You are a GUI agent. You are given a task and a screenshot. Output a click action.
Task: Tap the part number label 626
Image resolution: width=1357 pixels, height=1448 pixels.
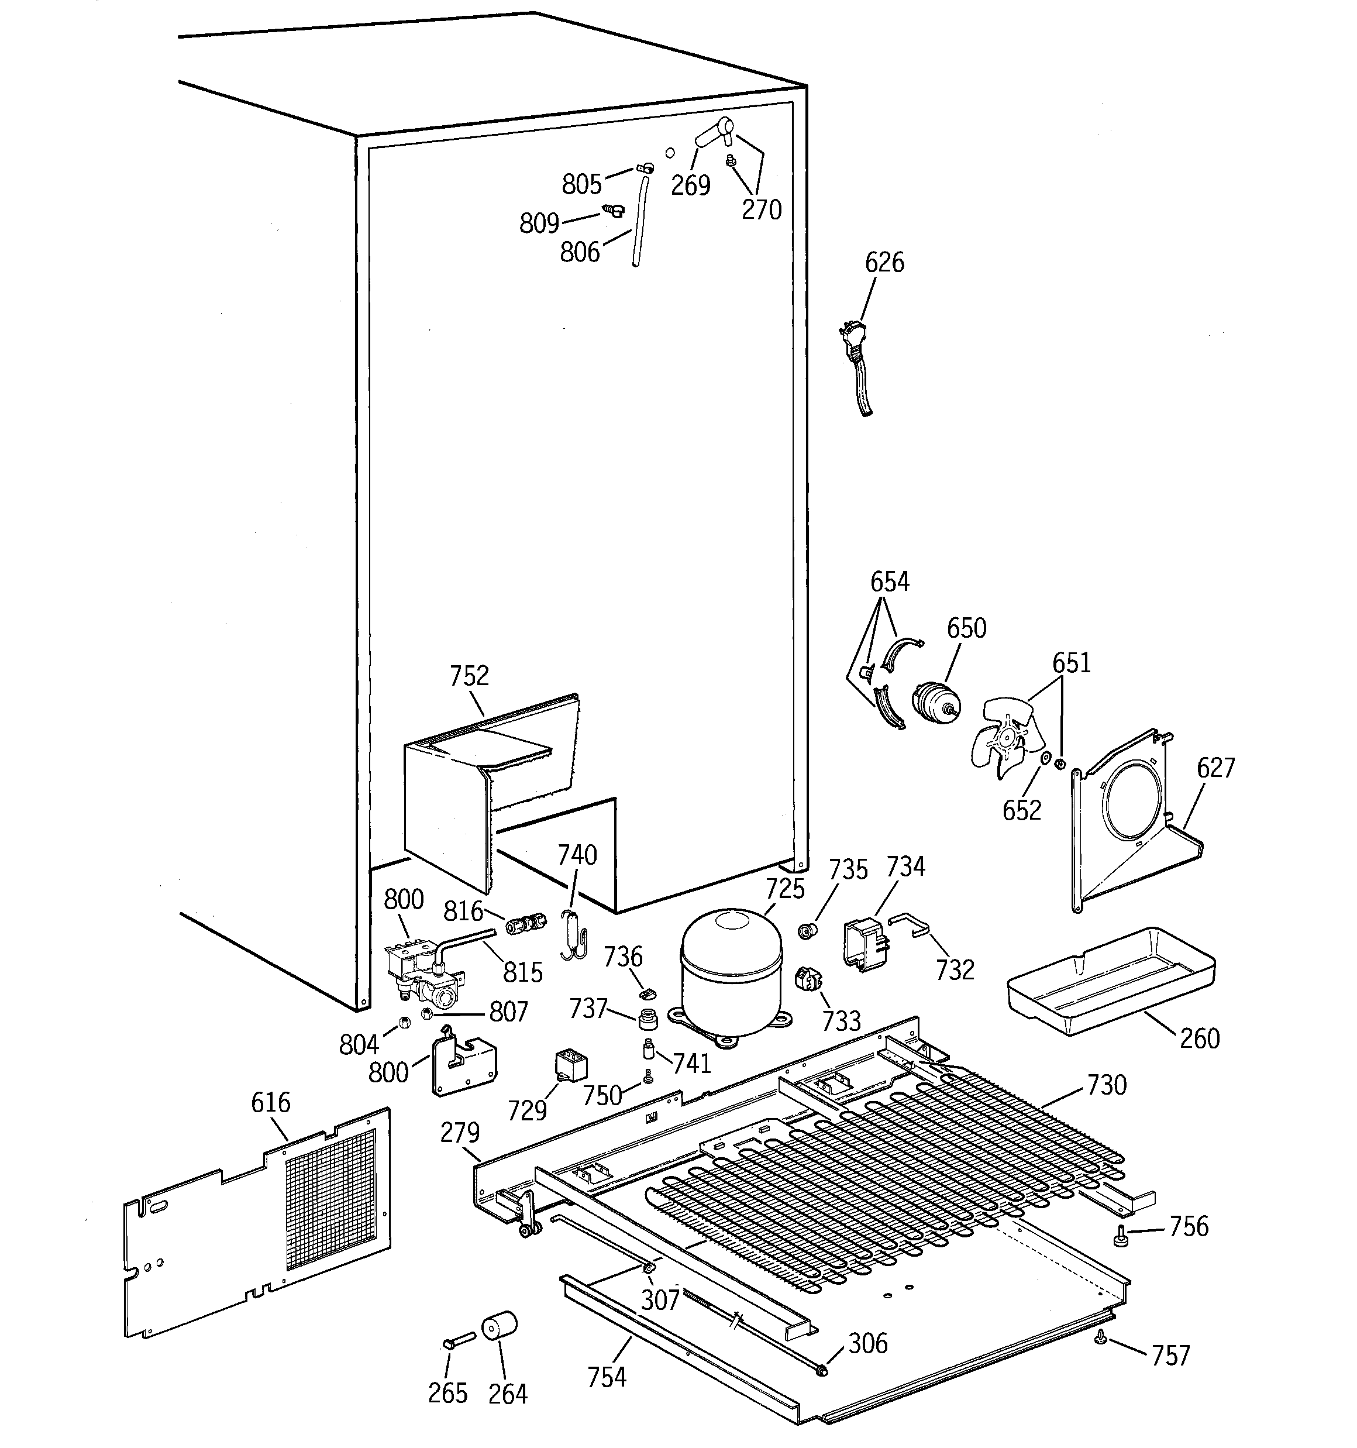tap(884, 262)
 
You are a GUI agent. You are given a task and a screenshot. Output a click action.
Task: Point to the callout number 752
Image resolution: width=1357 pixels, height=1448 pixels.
tap(469, 676)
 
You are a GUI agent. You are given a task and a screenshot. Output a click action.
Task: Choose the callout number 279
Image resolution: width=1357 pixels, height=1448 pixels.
tap(460, 1133)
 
